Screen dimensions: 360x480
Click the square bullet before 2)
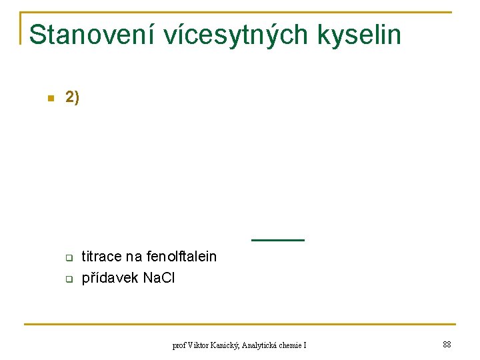click(49, 99)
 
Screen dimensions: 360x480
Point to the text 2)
click(72, 98)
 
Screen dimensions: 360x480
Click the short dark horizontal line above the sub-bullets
click(277, 239)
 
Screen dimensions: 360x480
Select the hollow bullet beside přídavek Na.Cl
click(68, 279)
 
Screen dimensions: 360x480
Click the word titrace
click(101, 257)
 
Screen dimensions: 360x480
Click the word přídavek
click(110, 278)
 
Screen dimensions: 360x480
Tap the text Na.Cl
click(159, 278)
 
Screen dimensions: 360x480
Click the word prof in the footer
click(179, 345)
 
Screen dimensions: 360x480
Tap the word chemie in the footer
click(291, 345)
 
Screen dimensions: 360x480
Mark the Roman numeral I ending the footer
click(305, 345)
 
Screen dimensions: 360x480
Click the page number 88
click(447, 345)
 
